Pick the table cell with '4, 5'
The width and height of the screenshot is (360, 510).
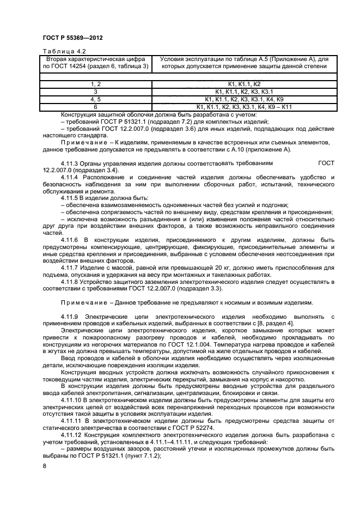click(96, 100)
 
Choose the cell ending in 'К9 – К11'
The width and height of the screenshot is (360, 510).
click(243, 107)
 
